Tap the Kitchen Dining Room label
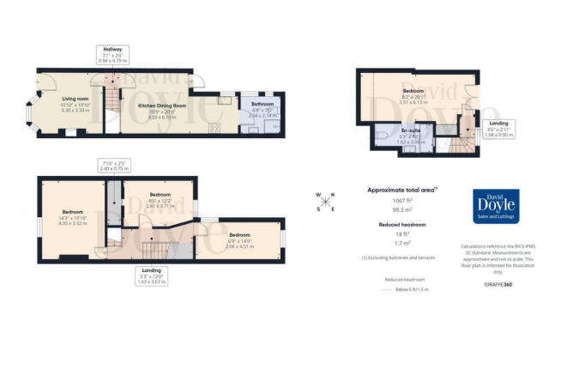pyautogui.click(x=150, y=108)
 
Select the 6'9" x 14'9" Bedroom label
pyautogui.click(x=238, y=239)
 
